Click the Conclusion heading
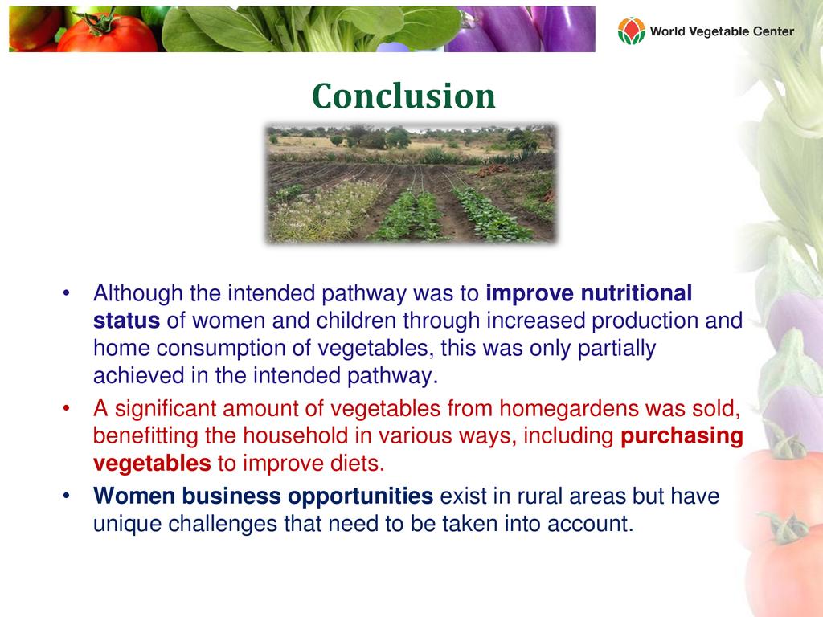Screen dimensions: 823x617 pyautogui.click(x=403, y=96)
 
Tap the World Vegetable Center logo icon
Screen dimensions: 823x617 pyautogui.click(x=632, y=31)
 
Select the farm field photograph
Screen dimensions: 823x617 pyautogui.click(x=411, y=184)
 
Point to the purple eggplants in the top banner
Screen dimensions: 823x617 pyautogui.click(x=520, y=30)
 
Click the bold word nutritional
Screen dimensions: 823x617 pyautogui.click(x=637, y=292)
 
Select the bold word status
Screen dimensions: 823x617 pyautogui.click(x=126, y=321)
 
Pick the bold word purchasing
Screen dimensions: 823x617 pyautogui.click(x=682, y=436)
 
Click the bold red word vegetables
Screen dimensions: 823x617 pyautogui.click(x=152, y=464)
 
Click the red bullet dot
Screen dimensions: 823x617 pyautogui.click(x=66, y=408)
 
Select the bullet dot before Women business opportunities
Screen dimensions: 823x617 pyautogui.click(x=66, y=496)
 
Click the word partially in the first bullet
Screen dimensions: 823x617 pyautogui.click(x=616, y=349)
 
